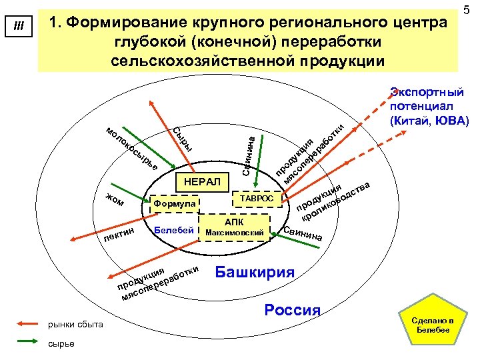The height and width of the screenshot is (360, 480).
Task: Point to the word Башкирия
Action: [254, 273]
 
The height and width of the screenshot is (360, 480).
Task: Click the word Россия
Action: [293, 310]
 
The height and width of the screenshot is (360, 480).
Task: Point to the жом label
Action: [115, 199]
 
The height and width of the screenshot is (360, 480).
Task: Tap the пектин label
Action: [119, 231]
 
